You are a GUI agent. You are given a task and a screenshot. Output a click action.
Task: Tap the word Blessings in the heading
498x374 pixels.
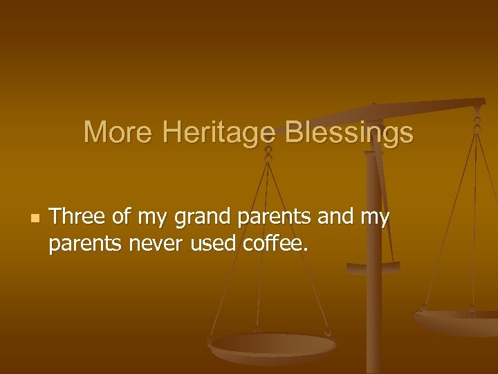[349, 132]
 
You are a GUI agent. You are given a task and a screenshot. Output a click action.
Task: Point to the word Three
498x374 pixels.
[77, 217]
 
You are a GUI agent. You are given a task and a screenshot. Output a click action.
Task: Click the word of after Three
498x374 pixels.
[122, 217]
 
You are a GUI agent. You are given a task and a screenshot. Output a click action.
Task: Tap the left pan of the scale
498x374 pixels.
[273, 346]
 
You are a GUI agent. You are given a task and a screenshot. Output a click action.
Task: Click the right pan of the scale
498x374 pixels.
[456, 320]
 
